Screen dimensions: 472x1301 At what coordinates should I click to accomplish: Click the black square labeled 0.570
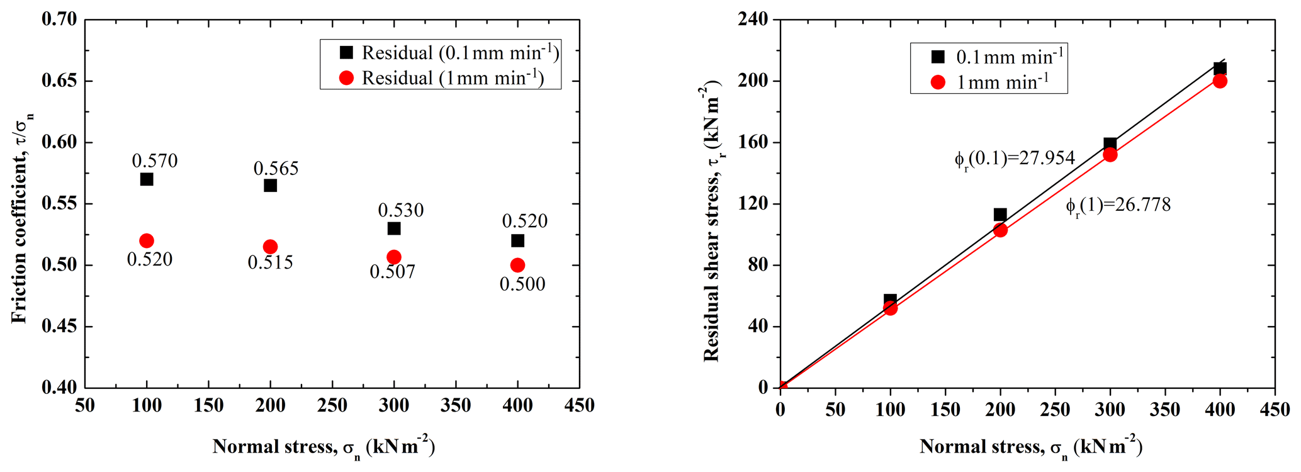coord(147,179)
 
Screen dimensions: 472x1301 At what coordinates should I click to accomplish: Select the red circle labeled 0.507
coord(394,257)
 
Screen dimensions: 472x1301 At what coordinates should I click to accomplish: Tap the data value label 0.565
coord(276,168)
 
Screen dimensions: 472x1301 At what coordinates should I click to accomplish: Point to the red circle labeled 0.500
coord(517,265)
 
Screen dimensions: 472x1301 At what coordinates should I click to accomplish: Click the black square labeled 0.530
coord(394,228)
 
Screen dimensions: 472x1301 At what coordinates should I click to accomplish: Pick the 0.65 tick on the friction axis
coord(59,81)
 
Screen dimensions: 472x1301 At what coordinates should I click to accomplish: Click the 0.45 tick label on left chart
coord(59,327)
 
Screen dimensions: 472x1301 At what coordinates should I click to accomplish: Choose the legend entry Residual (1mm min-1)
coord(441,78)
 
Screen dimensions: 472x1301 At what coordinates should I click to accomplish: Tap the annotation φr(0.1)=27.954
coord(1014,158)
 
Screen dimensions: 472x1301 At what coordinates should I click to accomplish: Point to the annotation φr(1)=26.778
coord(1118,205)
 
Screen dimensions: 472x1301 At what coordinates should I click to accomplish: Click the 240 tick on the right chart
coord(754,20)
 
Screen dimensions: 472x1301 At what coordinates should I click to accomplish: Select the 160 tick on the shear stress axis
coord(754,143)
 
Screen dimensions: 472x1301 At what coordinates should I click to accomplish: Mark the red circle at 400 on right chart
coord(1220,81)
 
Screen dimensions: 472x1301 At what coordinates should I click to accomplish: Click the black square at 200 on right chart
coord(1000,215)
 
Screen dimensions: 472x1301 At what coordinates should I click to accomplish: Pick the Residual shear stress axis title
coord(712,220)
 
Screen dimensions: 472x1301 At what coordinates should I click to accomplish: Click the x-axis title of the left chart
coord(324,447)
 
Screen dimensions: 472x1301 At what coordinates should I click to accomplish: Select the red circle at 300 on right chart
coord(1110,154)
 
